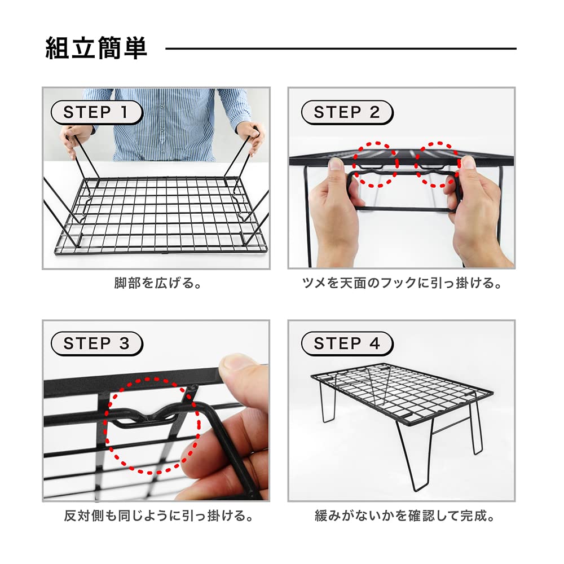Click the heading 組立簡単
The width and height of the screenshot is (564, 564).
(96, 49)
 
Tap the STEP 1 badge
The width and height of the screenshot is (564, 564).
(95, 112)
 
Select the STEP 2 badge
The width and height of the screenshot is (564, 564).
(346, 112)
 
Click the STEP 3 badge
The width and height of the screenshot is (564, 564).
(96, 343)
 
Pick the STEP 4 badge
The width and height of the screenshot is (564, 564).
(346, 343)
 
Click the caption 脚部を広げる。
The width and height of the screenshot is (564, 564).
(157, 283)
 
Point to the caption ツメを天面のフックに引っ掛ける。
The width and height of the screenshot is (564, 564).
(402, 283)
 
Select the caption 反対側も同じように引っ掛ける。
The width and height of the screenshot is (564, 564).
(157, 515)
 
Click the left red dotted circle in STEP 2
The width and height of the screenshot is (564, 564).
(375, 165)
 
